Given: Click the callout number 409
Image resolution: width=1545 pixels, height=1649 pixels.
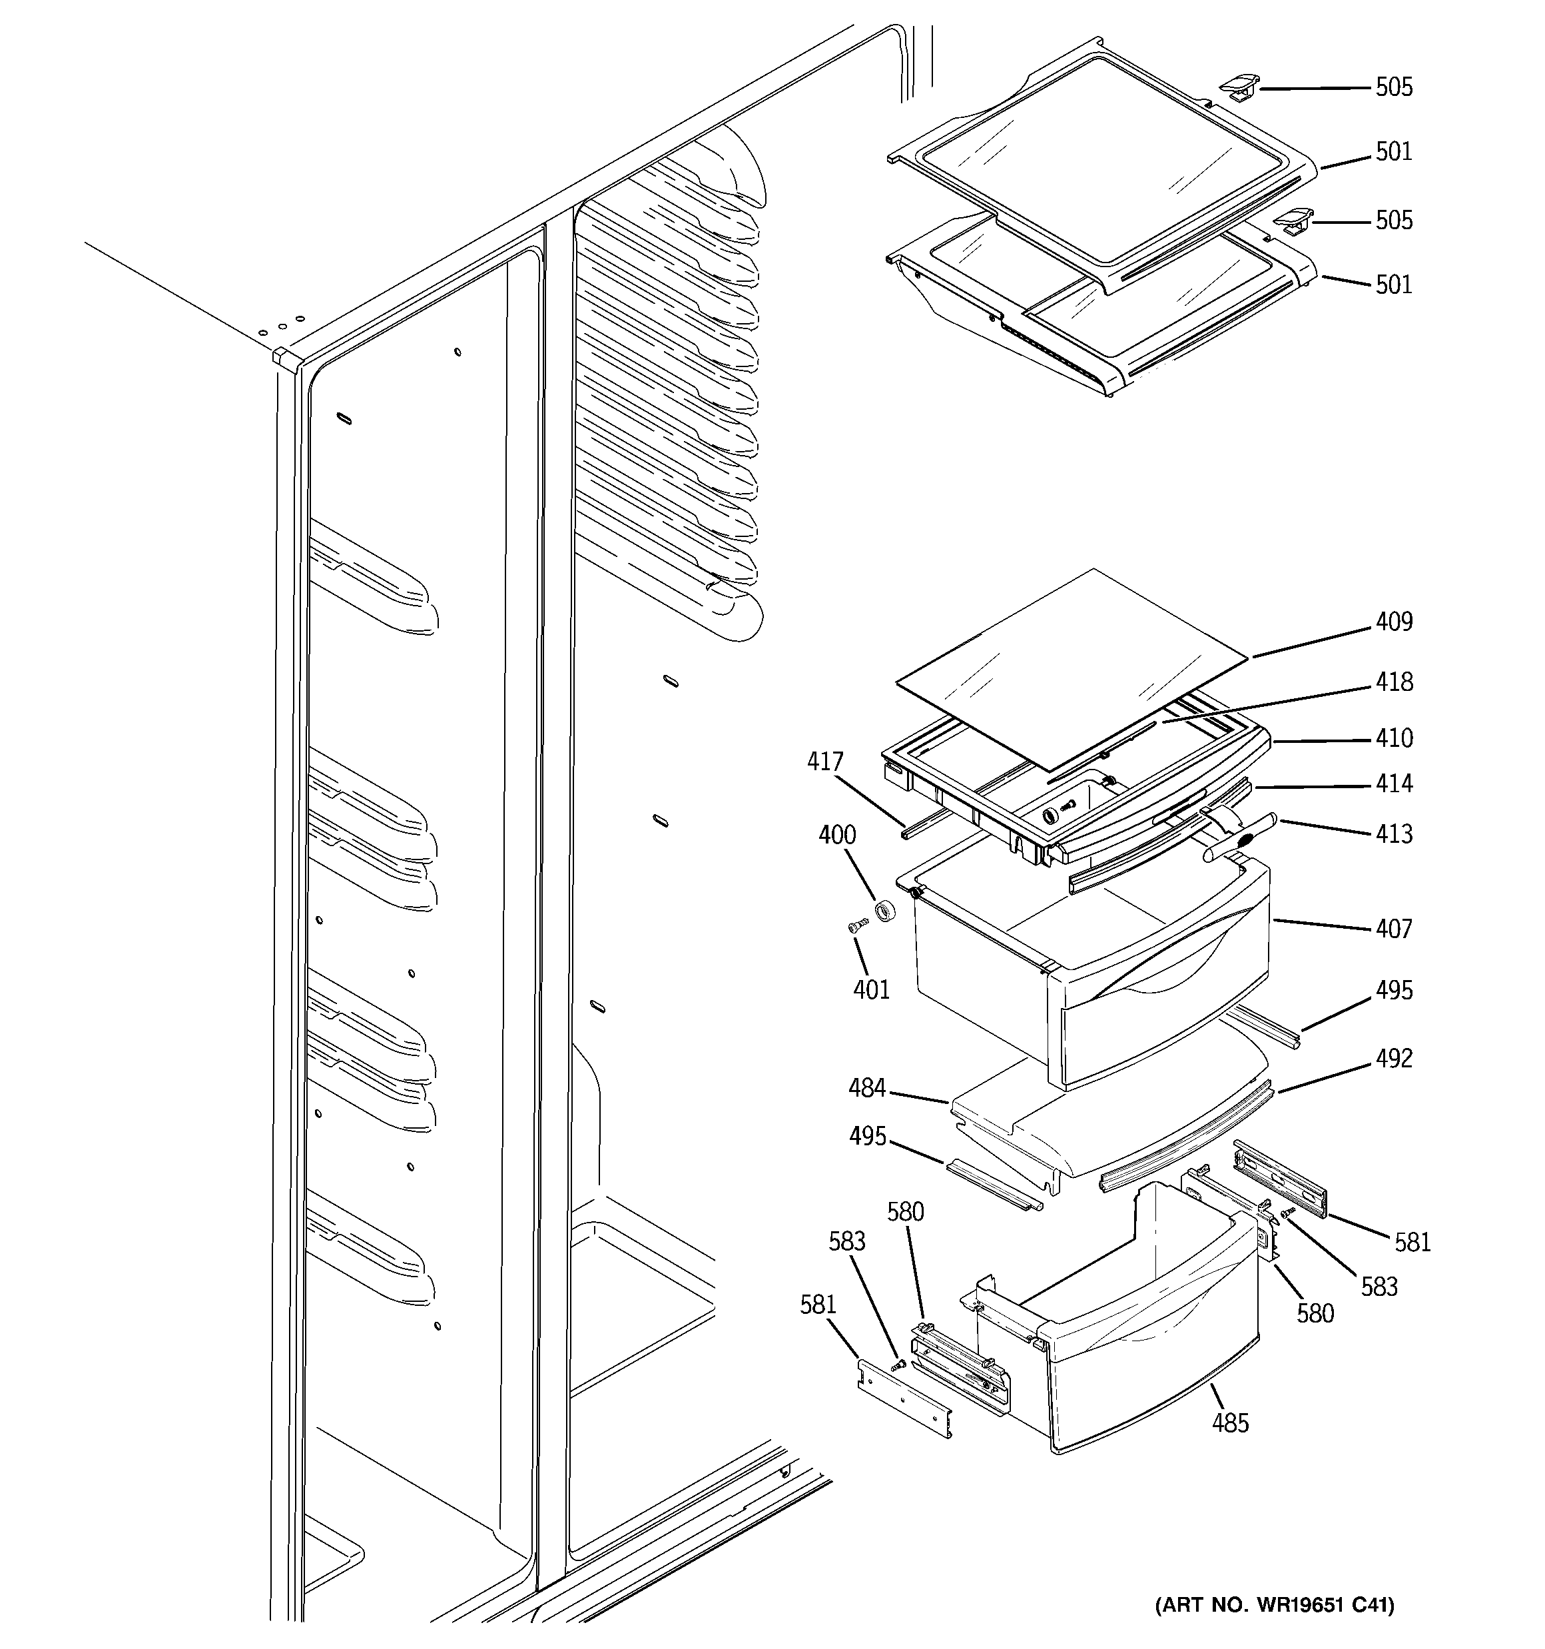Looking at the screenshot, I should (1393, 622).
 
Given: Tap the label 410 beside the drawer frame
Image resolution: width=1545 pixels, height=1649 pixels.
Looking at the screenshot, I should (1393, 738).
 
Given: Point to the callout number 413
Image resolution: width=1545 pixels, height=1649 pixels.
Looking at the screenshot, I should (1393, 833).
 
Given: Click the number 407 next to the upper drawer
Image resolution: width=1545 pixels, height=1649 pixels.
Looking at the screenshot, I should (1393, 928).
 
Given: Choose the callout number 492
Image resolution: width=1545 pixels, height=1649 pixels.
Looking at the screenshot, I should (1393, 1059).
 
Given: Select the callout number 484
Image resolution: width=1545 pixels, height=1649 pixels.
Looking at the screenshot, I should (866, 1087).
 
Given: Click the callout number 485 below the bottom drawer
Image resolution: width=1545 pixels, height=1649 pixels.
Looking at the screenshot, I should (1230, 1423).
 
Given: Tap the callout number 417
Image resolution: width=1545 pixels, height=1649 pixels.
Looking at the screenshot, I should (825, 762).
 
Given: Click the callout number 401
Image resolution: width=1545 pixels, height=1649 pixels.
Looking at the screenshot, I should (871, 989).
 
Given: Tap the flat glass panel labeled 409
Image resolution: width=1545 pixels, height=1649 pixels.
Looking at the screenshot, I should (1070, 664).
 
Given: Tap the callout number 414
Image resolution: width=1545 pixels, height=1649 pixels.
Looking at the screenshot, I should (1393, 784).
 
